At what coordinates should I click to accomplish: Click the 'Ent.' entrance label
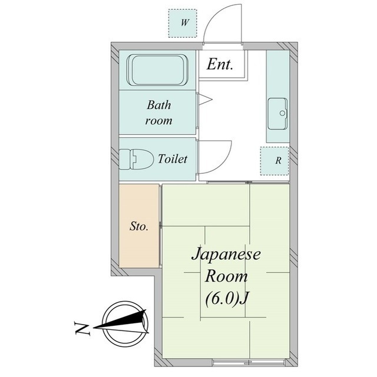[x=220, y=64]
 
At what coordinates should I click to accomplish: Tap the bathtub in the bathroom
[x=157, y=70]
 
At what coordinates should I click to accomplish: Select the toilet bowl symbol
[x=137, y=159]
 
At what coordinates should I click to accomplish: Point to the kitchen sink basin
[x=277, y=114]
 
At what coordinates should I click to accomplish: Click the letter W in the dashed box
[x=184, y=23]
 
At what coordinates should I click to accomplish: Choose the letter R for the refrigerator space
[x=278, y=161]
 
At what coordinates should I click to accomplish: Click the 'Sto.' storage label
[x=139, y=226]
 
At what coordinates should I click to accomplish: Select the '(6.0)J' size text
[x=226, y=299]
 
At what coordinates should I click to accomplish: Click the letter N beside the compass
[x=82, y=329]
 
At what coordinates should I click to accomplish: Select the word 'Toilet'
[x=173, y=159]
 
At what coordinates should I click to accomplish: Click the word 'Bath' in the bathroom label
[x=159, y=105]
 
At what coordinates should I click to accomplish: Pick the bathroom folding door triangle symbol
[x=205, y=99]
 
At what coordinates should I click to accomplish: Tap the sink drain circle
[x=283, y=113]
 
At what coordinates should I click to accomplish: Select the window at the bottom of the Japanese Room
[x=249, y=362]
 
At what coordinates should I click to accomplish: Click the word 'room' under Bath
[x=158, y=121]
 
